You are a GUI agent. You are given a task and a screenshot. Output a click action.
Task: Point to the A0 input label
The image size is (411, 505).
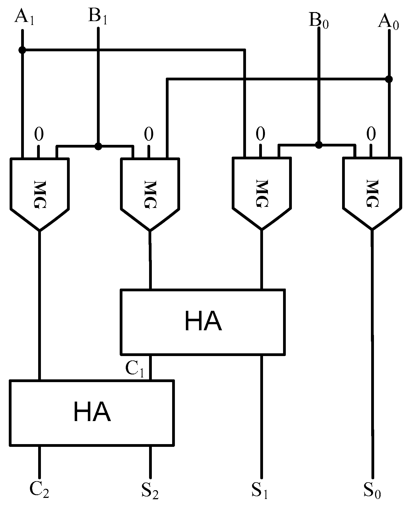click(388, 22)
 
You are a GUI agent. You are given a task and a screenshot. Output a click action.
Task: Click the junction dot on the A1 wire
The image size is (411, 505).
click(22, 50)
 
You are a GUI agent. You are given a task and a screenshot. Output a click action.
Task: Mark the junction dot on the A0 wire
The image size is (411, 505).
click(389, 79)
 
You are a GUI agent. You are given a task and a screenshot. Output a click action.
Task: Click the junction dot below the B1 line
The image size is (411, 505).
click(98, 146)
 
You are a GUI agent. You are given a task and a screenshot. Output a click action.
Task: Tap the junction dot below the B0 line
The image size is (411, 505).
click(318, 145)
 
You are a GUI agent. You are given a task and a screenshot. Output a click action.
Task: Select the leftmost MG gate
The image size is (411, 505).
click(40, 192)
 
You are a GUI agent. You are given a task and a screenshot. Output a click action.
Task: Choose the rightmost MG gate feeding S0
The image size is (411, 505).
click(372, 192)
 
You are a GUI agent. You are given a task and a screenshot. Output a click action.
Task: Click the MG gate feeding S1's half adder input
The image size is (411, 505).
click(261, 192)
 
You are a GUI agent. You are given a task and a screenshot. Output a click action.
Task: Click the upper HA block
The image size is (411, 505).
click(203, 321)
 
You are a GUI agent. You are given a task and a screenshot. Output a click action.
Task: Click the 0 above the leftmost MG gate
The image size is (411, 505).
click(39, 134)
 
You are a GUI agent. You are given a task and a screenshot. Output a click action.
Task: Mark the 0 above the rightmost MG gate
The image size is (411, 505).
click(371, 134)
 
